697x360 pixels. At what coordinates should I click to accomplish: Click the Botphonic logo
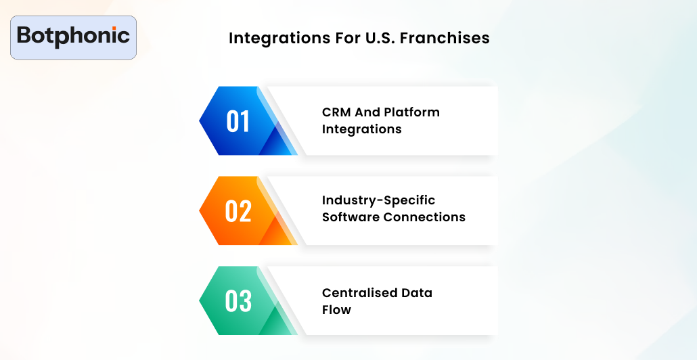[x=73, y=37]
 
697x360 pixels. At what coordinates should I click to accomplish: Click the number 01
[x=238, y=122]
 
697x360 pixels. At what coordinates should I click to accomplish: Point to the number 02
[x=238, y=211]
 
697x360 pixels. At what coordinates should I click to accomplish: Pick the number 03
[x=238, y=301]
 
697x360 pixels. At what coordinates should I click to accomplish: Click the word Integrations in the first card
[x=361, y=129]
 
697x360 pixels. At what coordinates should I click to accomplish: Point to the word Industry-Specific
[x=378, y=201]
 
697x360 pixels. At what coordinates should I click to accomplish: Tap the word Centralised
[x=359, y=293]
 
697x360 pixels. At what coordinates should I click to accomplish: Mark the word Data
[x=416, y=293]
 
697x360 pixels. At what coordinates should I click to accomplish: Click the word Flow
[x=336, y=310]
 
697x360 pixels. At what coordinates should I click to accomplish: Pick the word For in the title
[x=334, y=39]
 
